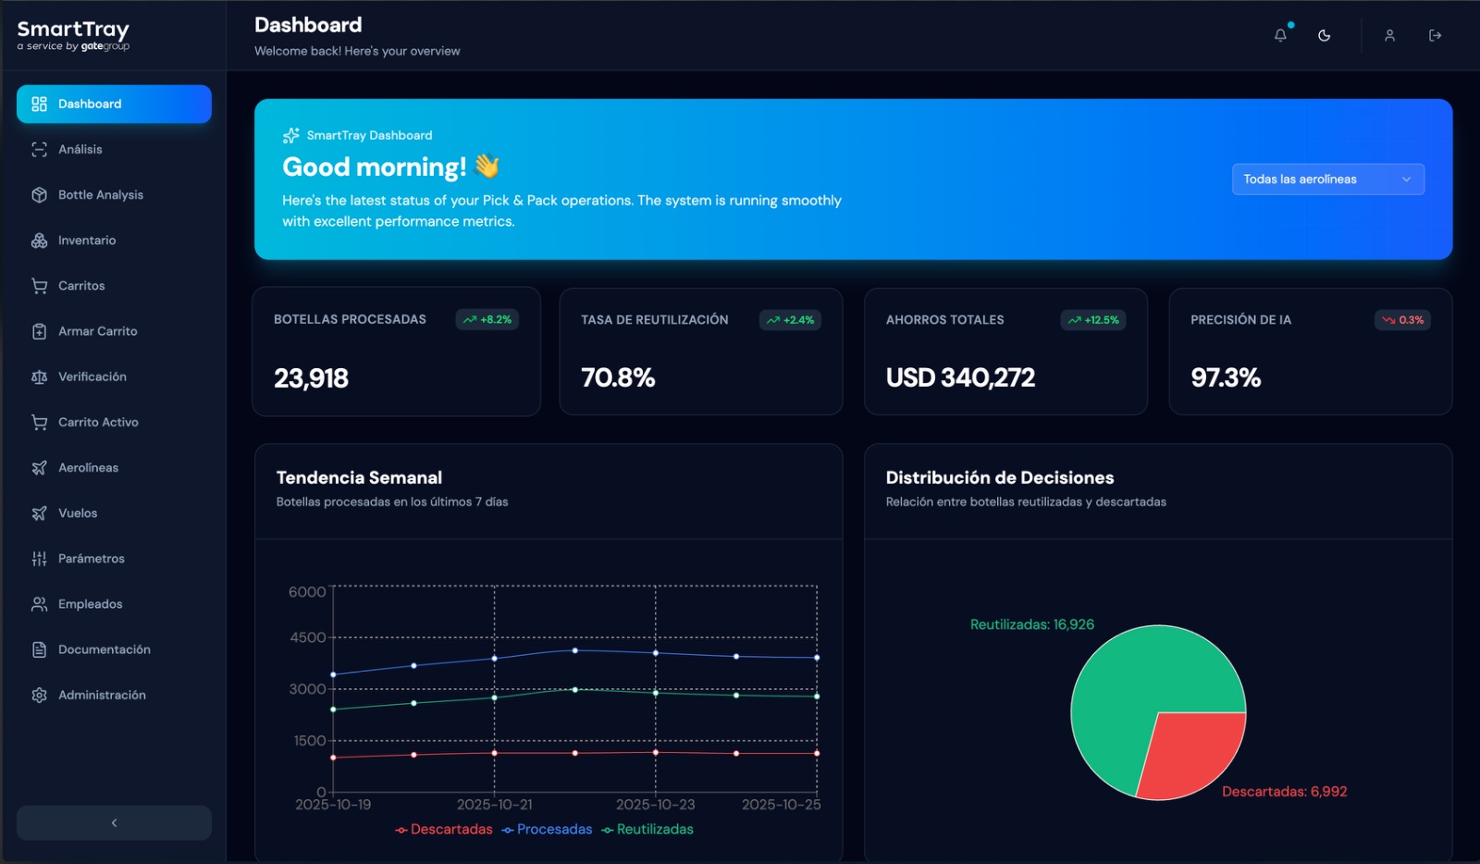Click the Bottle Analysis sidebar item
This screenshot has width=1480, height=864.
coord(100,195)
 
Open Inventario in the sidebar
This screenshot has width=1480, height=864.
coord(87,241)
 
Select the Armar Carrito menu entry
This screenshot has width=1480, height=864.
coord(97,331)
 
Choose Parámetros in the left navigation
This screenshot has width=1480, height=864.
coord(91,559)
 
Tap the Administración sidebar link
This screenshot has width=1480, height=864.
coord(102,695)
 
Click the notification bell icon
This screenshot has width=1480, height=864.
coord(1280,35)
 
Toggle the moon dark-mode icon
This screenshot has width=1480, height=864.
coord(1325,35)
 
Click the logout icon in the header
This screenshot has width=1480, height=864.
coord(1435,35)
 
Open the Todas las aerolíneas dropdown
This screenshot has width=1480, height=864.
coord(1327,179)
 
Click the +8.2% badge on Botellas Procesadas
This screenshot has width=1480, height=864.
coord(487,320)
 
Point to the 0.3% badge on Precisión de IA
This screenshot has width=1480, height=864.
coord(1402,320)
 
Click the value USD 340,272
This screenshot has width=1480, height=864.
coord(960,377)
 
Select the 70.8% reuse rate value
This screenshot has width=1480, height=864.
coord(618,377)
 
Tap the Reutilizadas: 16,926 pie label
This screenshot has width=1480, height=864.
coord(1031,624)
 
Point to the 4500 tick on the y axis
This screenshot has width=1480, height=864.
coord(307,637)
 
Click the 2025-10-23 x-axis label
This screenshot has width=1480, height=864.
coord(655,805)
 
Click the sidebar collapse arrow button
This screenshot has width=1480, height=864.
coord(114,822)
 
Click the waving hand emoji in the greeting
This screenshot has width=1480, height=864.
coord(487,167)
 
